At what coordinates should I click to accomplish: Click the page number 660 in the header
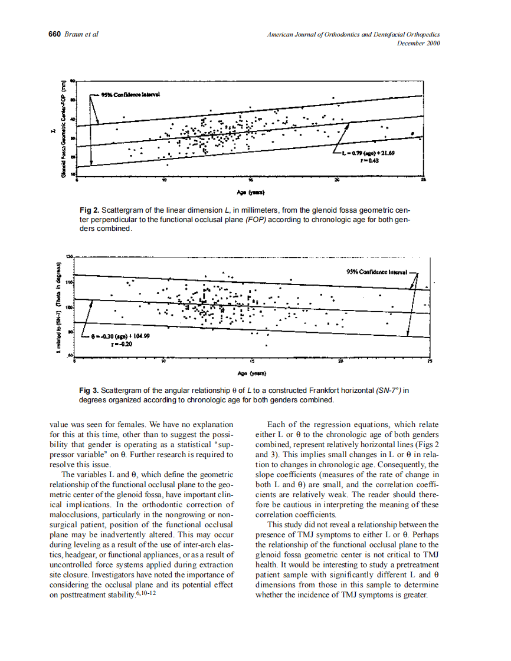coord(54,34)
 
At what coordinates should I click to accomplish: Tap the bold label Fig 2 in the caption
coord(89,210)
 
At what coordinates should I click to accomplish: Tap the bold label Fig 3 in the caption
coord(89,391)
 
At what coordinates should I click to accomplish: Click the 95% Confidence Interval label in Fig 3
coord(378,272)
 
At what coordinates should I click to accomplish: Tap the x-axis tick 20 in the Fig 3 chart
coord(341,361)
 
